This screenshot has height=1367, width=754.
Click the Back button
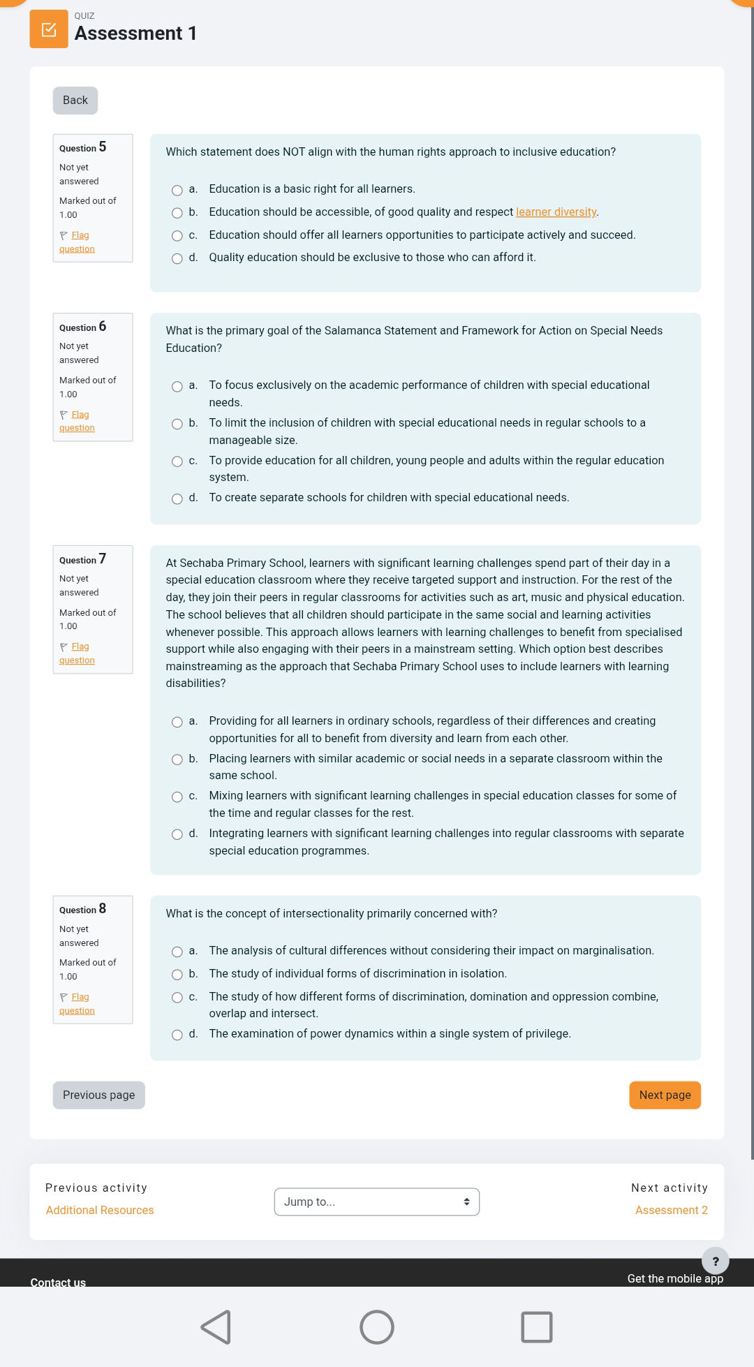[x=75, y=101]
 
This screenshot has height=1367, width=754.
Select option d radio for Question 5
[x=177, y=259]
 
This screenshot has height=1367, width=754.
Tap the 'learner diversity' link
[x=556, y=212]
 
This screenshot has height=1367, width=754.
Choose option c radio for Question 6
[x=177, y=461]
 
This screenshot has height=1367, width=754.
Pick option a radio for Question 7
[x=177, y=722]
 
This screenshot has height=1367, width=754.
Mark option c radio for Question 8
[x=177, y=998]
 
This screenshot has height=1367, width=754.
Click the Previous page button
[x=99, y=1095]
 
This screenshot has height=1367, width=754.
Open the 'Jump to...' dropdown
[x=376, y=1202]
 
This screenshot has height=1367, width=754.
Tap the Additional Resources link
[x=100, y=1211]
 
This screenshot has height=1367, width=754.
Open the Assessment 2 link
[x=671, y=1211]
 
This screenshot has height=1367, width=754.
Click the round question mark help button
[x=715, y=1261]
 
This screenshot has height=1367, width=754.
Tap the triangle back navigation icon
[x=216, y=1327]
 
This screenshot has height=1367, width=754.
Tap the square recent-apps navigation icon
[x=536, y=1327]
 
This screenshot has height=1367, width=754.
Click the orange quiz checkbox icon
[x=49, y=29]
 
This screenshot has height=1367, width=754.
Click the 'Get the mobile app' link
[x=674, y=1279]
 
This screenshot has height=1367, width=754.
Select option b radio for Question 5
[x=177, y=213]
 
